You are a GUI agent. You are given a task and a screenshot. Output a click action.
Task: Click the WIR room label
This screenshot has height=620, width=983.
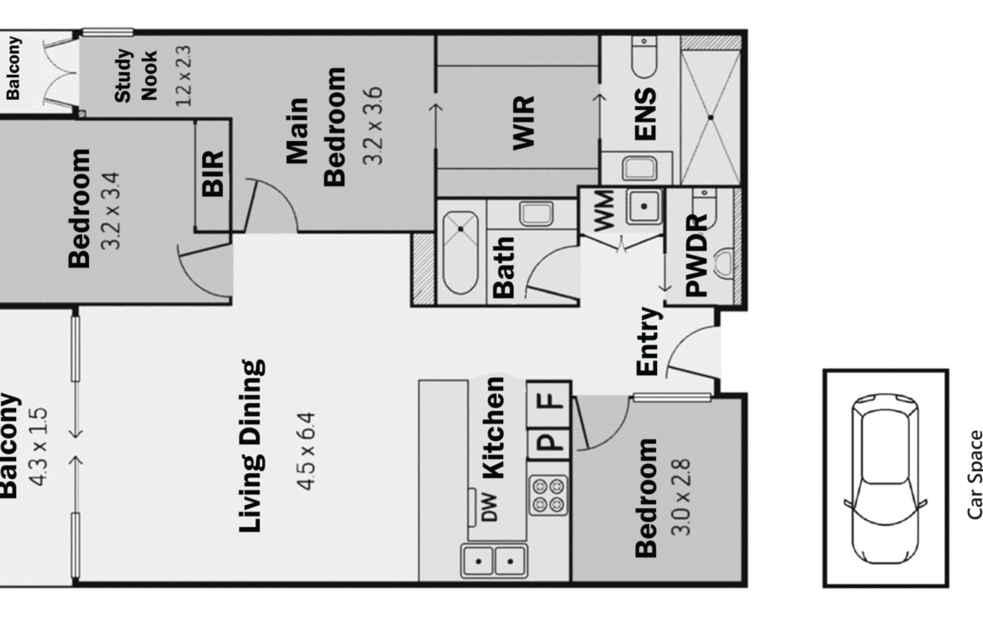[524, 123]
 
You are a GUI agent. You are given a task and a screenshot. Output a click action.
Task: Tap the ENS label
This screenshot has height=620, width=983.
[645, 114]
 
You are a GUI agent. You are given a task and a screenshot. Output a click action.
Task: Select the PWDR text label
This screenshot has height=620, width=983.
[697, 255]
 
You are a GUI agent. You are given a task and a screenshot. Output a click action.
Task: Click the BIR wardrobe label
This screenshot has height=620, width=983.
[213, 174]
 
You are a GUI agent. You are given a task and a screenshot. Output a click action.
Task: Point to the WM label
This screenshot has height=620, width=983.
[603, 211]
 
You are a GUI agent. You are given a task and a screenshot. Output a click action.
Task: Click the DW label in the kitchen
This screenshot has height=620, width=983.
[491, 507]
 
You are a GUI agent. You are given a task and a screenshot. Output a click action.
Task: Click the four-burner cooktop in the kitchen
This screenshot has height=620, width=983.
[549, 496]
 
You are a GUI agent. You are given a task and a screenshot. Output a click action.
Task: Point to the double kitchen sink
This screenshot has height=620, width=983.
[494, 560]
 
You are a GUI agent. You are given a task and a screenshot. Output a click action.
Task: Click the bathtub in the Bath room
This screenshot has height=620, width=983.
[460, 253]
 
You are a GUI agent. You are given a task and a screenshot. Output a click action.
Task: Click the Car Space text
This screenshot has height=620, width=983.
[975, 475]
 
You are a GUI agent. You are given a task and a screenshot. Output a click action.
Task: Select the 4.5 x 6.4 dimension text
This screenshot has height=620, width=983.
[307, 451]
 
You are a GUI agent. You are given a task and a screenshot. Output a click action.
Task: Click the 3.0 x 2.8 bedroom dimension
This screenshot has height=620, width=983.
[681, 497]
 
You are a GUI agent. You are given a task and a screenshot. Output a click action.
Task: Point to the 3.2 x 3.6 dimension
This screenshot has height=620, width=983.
[372, 126]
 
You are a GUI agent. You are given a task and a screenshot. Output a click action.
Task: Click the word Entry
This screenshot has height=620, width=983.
[649, 342]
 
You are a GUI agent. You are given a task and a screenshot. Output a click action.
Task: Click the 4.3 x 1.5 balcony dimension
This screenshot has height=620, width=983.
[39, 446]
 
